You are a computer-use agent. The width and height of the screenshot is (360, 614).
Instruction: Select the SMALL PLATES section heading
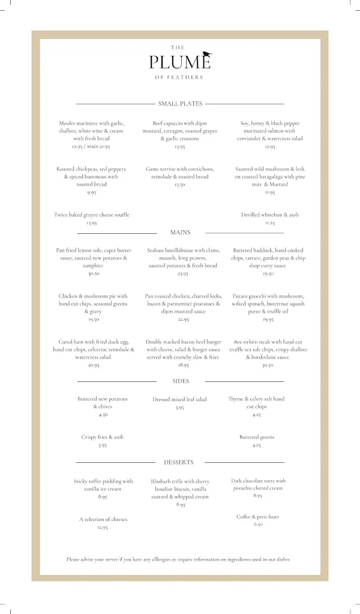tap(180, 104)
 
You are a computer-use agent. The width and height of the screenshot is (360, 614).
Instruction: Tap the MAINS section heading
tap(180, 232)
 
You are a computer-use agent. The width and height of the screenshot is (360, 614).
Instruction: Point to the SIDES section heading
tap(180, 381)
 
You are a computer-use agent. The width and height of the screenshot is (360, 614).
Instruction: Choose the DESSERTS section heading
tap(179, 462)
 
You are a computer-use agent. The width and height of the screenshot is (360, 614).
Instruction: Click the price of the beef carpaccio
tap(180, 146)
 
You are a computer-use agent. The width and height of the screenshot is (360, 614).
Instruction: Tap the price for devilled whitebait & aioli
tap(270, 222)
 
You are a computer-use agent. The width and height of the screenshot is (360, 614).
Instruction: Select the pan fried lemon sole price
tap(94, 273)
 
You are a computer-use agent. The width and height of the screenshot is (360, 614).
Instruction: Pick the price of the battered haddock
tap(268, 273)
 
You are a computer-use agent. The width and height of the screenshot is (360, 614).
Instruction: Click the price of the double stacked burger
tap(183, 365)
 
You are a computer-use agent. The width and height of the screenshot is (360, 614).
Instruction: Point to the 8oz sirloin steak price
tap(268, 365)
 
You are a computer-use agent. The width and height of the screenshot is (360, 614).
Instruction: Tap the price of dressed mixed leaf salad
tap(179, 408)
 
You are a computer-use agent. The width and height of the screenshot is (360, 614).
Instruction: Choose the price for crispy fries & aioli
tap(103, 446)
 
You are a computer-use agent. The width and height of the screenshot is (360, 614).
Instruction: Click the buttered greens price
tap(257, 446)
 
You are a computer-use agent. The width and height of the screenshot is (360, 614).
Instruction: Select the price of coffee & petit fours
tap(258, 524)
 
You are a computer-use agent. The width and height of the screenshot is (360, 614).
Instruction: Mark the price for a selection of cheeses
tap(103, 527)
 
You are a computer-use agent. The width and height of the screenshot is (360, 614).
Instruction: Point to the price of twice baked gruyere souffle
tap(92, 222)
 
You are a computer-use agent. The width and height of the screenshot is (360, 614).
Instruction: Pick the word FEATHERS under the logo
tap(190, 77)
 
